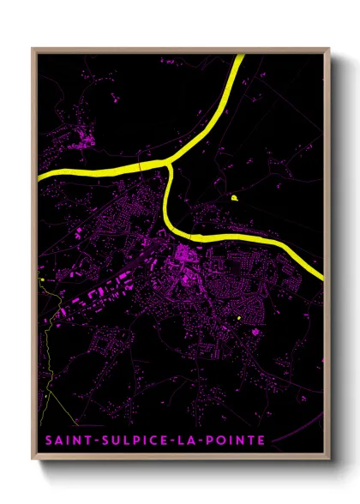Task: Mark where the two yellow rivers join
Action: pos(171,162)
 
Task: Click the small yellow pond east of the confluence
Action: pos(233,198)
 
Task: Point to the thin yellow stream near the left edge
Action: pos(44,360)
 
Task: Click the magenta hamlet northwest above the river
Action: pos(85,137)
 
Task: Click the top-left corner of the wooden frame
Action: pos(32,48)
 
